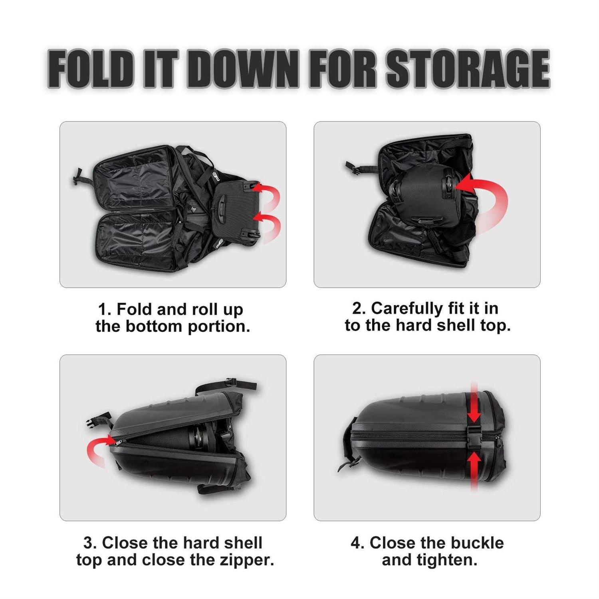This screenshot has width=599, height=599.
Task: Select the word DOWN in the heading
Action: coord(242,69)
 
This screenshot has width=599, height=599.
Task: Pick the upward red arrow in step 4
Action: coord(474,471)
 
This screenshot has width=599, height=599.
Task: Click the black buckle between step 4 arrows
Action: coord(474,437)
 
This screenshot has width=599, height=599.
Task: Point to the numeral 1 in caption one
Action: coord(102,309)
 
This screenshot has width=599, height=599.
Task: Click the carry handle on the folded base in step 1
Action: coord(221,208)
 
